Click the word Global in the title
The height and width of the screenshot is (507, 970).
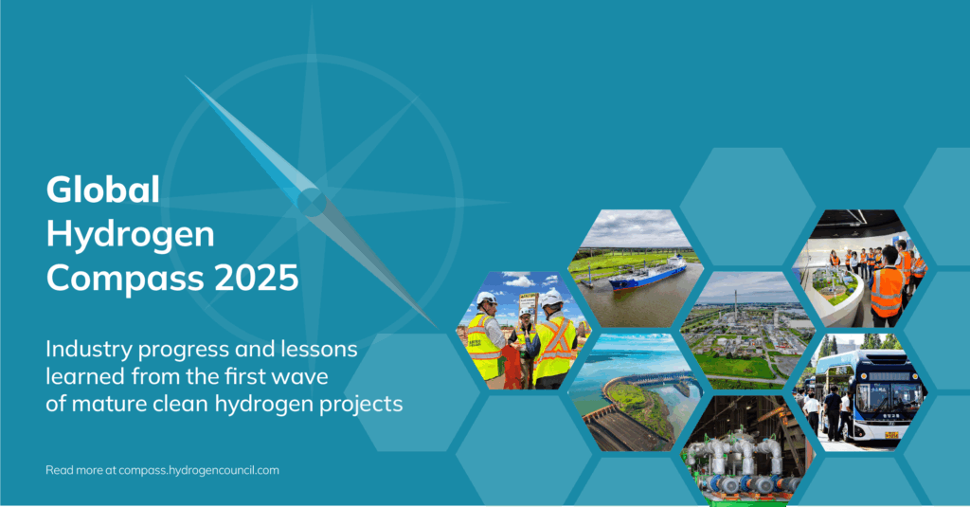point(102,190)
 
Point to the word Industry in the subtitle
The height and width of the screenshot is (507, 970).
point(89,350)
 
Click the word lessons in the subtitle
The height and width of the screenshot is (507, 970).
point(319,349)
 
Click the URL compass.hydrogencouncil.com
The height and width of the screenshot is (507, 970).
point(199,470)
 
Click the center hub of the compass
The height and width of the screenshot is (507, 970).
point(311,203)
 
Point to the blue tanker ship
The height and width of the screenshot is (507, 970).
point(647,274)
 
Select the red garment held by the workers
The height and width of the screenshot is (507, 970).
point(512,368)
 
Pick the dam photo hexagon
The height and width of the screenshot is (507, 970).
point(636,391)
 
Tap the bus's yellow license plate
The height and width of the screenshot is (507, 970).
point(891,435)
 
